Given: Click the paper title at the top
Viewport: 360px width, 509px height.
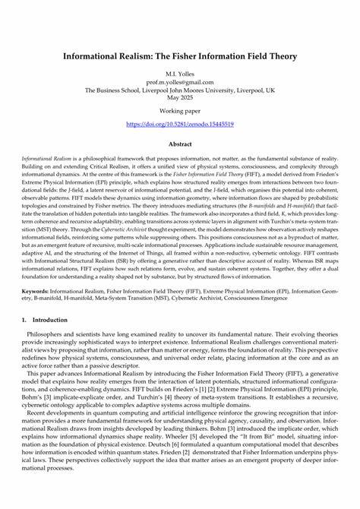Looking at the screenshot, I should pyautogui.click(x=179, y=56).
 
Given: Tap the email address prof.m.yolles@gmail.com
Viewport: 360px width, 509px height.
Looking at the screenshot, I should pyautogui.click(x=179, y=82).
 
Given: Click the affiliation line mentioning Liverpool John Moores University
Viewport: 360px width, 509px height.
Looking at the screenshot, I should pyautogui.click(x=179, y=90).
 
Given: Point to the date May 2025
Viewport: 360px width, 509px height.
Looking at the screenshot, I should pyautogui.click(x=179, y=97).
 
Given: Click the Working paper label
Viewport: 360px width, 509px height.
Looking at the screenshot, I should pyautogui.click(x=179, y=112).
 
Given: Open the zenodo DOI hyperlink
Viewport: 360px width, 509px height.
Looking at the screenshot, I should pyautogui.click(x=179, y=123).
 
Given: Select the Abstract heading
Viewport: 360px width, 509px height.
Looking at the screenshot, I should pyautogui.click(x=179, y=143).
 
